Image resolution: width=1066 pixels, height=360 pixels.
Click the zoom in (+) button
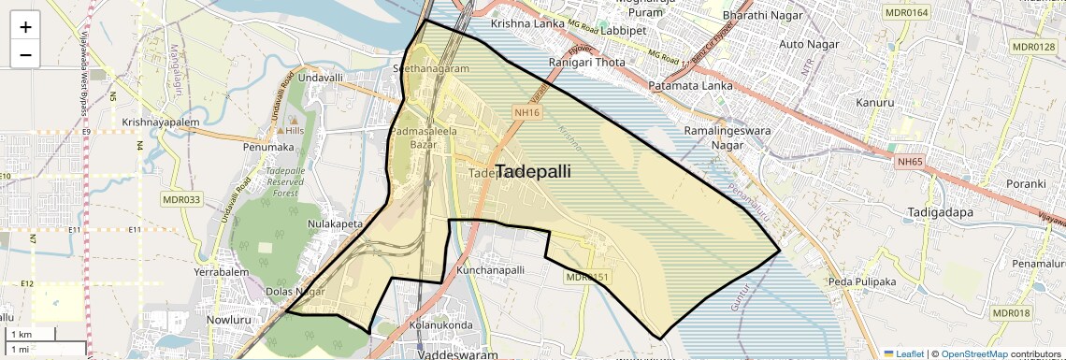pos(25,27)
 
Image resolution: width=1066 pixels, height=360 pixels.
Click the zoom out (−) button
pos(25,54)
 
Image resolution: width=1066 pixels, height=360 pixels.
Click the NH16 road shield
pos(527,112)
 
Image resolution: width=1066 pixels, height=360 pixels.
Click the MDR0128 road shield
pos(1032,47)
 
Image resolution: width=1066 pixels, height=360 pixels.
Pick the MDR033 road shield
pos(181,199)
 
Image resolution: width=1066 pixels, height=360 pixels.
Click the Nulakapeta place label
pos(335,224)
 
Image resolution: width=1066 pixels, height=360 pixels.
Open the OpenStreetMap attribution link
pos(973,353)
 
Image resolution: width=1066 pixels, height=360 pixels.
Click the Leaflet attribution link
pos(902,353)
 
